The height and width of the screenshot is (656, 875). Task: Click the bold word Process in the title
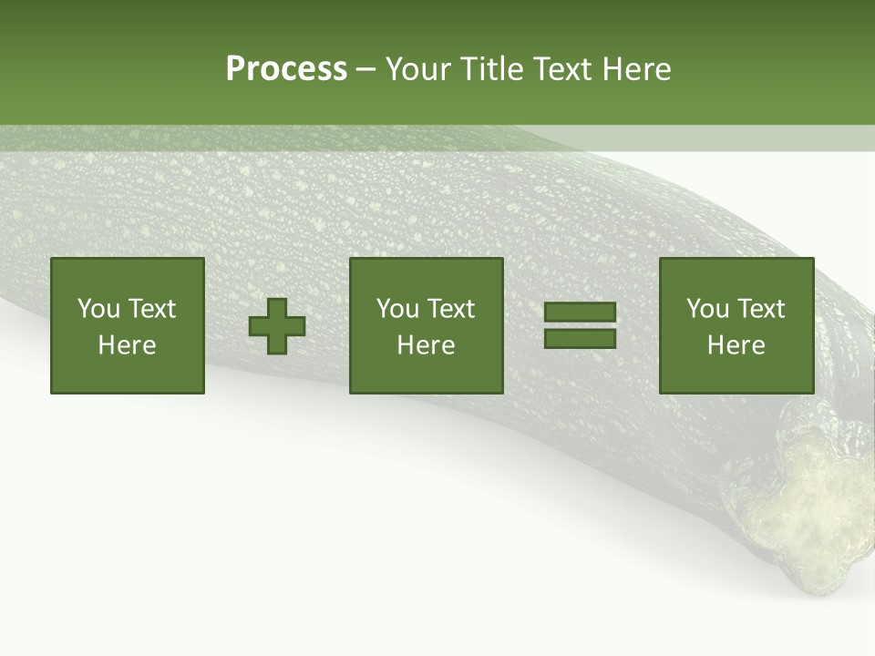(x=286, y=69)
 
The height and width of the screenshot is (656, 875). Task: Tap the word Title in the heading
(x=493, y=69)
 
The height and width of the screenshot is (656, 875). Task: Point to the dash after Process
(x=366, y=70)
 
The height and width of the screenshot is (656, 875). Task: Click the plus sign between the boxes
(x=277, y=326)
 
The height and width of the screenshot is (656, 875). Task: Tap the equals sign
(x=581, y=325)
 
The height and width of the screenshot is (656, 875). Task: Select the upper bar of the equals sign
(x=581, y=313)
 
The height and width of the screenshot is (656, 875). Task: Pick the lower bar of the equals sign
(x=581, y=338)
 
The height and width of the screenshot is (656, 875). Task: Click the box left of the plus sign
(x=128, y=325)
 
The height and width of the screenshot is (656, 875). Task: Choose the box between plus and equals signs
(x=427, y=325)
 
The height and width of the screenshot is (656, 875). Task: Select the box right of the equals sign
(x=736, y=325)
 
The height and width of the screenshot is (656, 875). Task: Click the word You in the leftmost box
(x=98, y=309)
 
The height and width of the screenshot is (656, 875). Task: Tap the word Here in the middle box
(x=427, y=345)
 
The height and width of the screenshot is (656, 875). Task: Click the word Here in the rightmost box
(x=736, y=345)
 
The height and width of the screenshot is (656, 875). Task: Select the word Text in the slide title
(x=562, y=69)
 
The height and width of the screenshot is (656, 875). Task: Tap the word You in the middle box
(x=396, y=309)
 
